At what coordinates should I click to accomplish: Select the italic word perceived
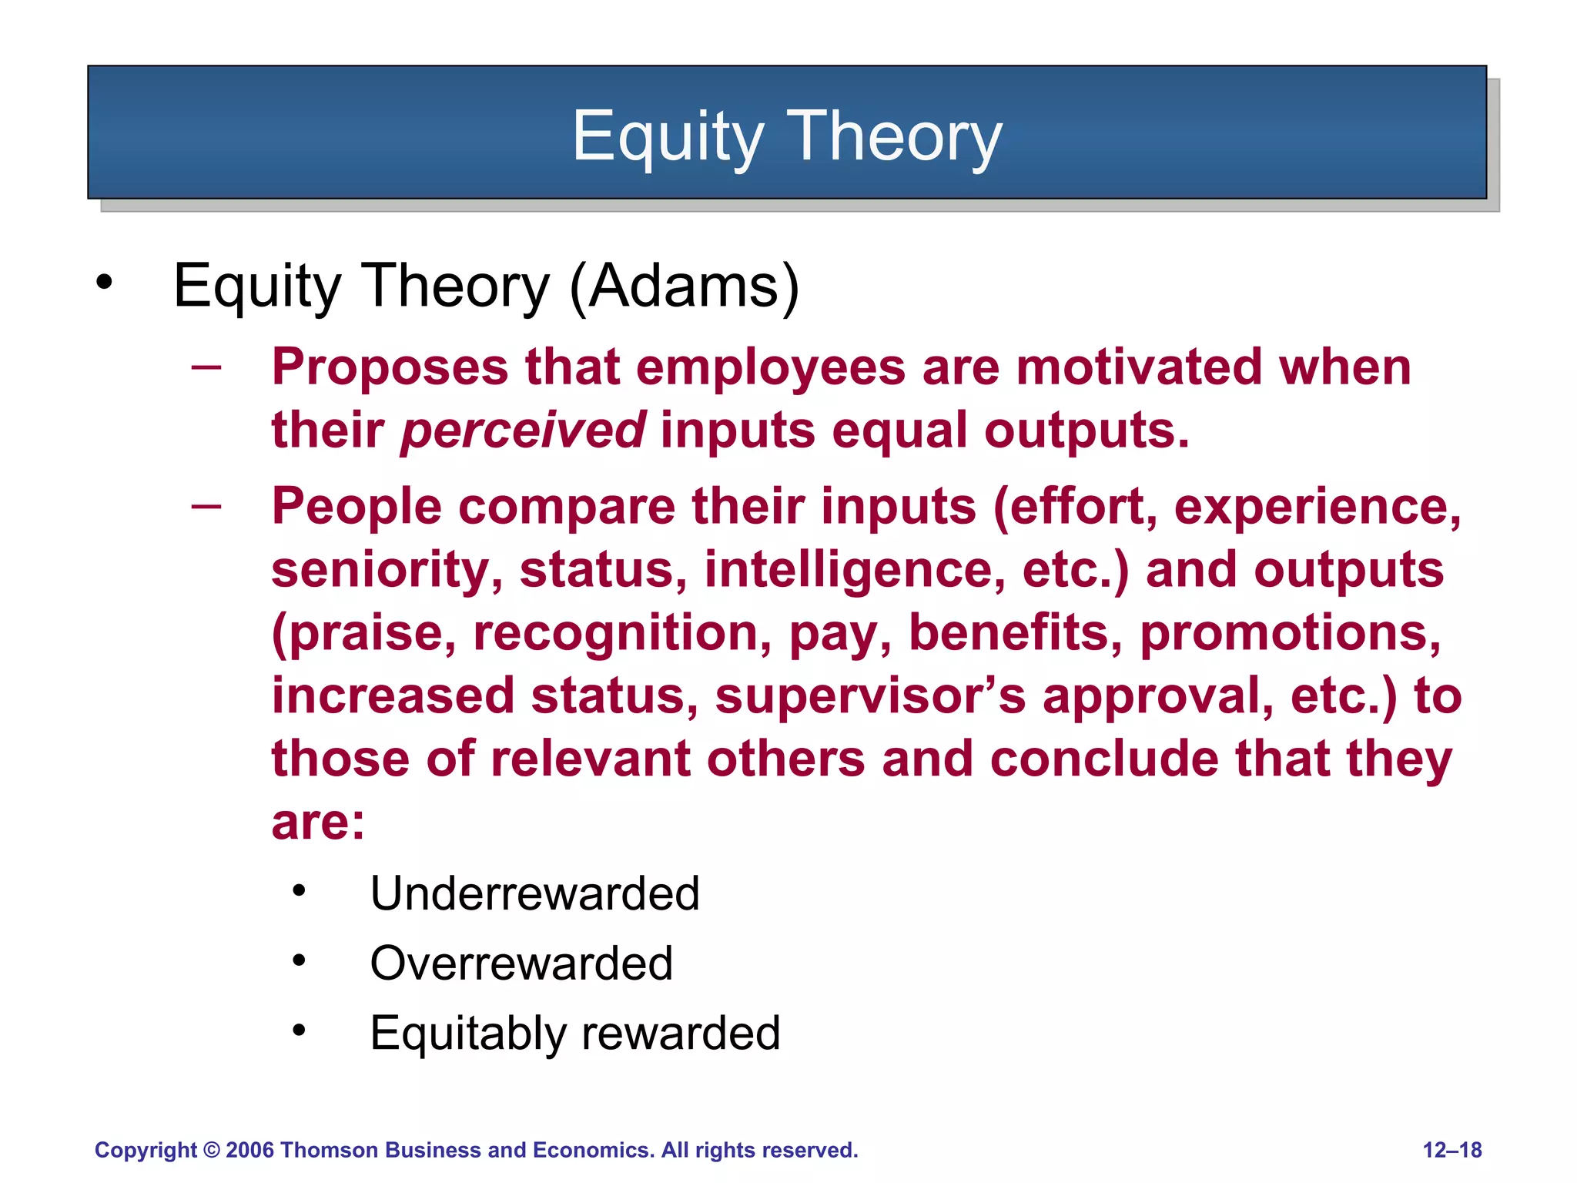523,430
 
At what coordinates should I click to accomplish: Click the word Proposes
390,367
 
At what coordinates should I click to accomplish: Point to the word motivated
1138,367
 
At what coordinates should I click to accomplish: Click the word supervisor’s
870,696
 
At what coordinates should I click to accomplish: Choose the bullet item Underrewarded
534,893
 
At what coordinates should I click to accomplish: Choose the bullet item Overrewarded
521,963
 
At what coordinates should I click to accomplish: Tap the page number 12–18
1451,1150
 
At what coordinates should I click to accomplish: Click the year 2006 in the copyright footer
249,1150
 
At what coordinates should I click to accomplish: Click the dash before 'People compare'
206,506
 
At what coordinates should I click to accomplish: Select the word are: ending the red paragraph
318,823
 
